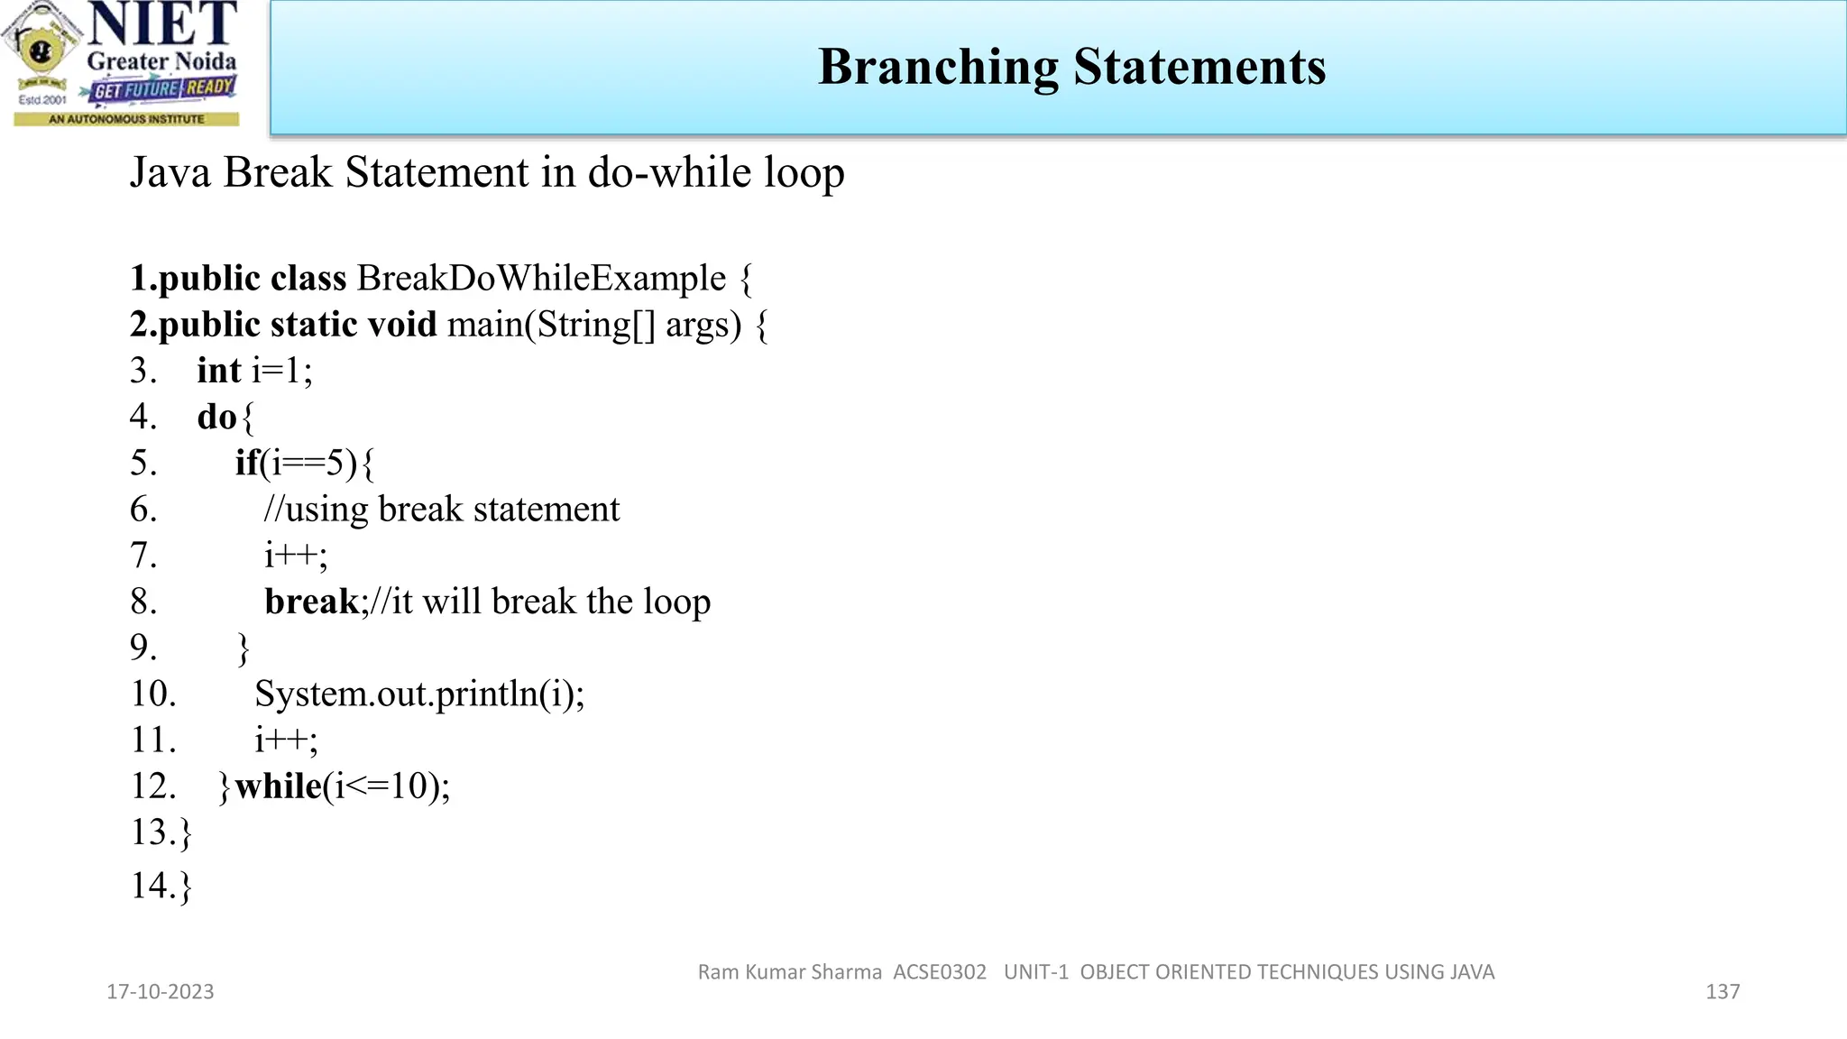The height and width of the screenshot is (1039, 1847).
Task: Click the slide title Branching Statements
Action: point(1071,67)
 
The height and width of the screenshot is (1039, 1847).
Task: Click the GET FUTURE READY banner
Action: point(163,88)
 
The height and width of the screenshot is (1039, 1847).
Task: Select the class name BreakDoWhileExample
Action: point(541,279)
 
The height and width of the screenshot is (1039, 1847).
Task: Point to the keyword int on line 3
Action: point(219,371)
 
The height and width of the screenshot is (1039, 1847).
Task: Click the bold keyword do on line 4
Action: point(216,417)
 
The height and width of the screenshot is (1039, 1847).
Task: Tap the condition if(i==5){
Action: point(305,464)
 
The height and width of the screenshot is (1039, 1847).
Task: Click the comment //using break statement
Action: point(442,510)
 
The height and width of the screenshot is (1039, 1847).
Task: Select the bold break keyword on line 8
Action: point(311,602)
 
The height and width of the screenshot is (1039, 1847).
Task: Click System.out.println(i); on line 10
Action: point(419,694)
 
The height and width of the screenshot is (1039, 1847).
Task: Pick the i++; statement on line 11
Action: point(286,740)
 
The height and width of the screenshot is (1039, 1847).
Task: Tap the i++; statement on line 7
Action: point(296,556)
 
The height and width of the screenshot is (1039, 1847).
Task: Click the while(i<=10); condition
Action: point(342,786)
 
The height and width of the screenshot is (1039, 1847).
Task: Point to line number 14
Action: point(152,886)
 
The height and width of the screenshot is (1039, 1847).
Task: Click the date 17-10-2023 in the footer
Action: point(161,992)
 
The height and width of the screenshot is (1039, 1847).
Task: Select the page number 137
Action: point(1723,992)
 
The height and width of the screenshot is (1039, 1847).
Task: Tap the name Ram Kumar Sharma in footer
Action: point(789,972)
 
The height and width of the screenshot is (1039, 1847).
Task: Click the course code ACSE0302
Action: point(940,972)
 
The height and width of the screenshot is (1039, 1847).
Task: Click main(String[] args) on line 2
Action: point(594,325)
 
